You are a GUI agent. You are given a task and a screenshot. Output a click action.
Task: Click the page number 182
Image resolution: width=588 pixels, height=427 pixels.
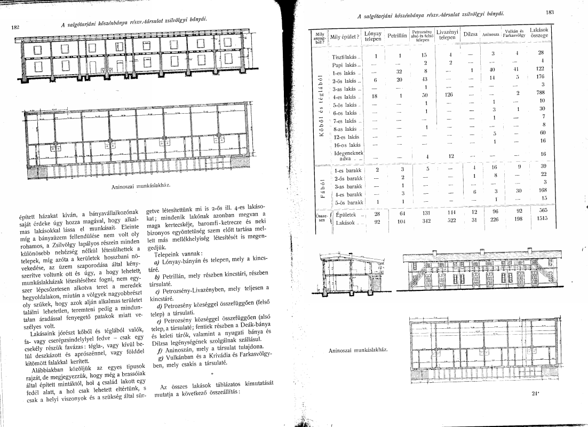pos(16,27)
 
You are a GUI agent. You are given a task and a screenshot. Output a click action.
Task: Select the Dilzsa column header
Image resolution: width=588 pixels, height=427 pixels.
pos(470,35)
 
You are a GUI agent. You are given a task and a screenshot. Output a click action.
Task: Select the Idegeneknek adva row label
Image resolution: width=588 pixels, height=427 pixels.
pos(346,155)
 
